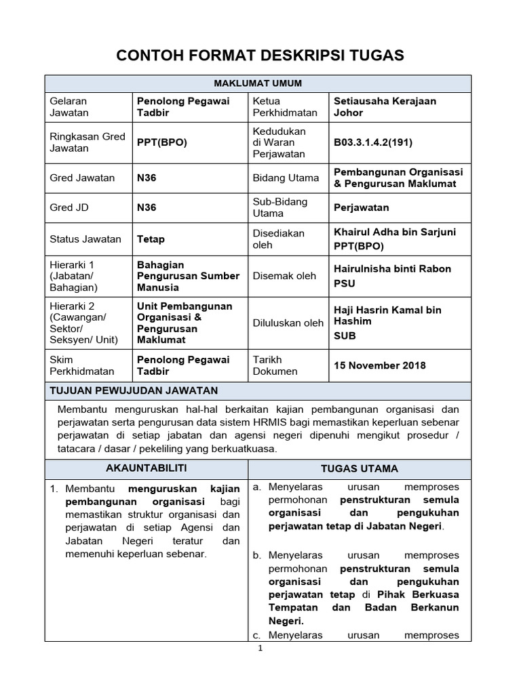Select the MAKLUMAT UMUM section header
[x=258, y=83]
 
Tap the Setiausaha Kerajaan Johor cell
[x=385, y=106]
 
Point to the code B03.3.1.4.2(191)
[x=373, y=142]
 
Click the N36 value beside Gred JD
[x=147, y=208]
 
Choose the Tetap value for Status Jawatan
[x=151, y=239]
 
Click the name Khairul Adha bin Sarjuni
[x=395, y=232]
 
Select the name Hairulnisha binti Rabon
[x=392, y=268]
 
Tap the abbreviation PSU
[x=344, y=283]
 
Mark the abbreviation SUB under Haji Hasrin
[x=345, y=335]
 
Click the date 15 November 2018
[x=380, y=365]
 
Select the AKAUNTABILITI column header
[x=147, y=468]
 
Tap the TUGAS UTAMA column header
[x=359, y=468]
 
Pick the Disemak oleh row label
[x=284, y=276]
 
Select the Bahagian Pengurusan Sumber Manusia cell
[x=188, y=276]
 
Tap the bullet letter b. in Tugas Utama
[x=257, y=555]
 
